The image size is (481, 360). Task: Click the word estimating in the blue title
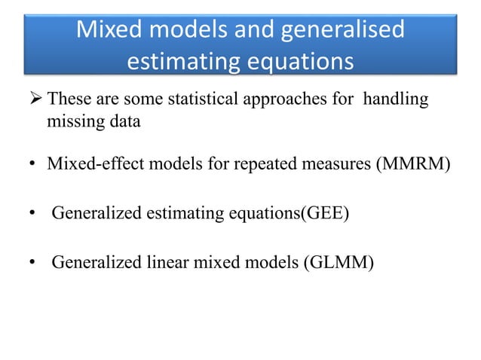point(176,63)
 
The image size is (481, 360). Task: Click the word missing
point(70,122)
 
